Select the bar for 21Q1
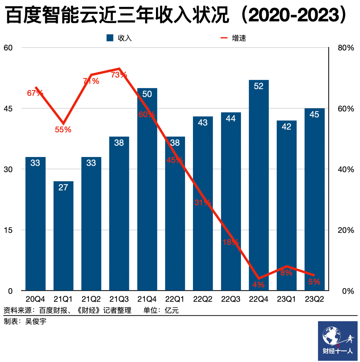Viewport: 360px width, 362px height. pyautogui.click(x=63, y=240)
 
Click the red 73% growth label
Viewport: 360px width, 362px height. pyautogui.click(x=119, y=75)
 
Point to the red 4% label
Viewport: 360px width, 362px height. pyautogui.click(x=259, y=284)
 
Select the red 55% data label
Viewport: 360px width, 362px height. pyautogui.click(x=63, y=130)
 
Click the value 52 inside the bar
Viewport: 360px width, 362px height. pyautogui.click(x=259, y=86)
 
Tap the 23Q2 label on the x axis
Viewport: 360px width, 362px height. pyautogui.click(x=314, y=299)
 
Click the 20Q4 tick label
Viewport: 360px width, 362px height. pyautogui.click(x=35, y=299)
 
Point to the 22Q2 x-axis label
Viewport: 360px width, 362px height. pyautogui.click(x=203, y=299)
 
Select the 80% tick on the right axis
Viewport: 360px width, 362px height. pyautogui.click(x=346, y=48)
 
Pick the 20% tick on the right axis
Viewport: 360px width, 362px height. pyautogui.click(x=346, y=230)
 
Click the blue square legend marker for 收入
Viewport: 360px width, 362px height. pyautogui.click(x=110, y=38)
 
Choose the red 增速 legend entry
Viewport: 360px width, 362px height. pyautogui.click(x=233, y=38)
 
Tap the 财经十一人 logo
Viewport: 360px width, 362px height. pyautogui.click(x=338, y=341)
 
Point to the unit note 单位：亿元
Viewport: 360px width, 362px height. pyautogui.click(x=161, y=310)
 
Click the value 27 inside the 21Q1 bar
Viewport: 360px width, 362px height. pyautogui.click(x=63, y=187)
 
